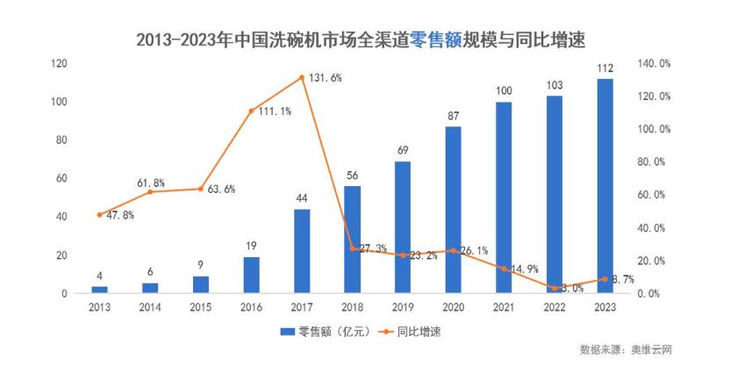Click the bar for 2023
tap(605, 186)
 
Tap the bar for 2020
tap(453, 210)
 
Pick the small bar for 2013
tap(100, 290)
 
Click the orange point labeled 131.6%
tap(302, 77)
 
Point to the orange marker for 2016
tap(251, 111)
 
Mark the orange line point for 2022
tap(555, 288)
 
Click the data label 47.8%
tap(118, 216)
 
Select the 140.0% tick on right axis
tap(654, 63)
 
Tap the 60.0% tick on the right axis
tap(654, 195)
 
